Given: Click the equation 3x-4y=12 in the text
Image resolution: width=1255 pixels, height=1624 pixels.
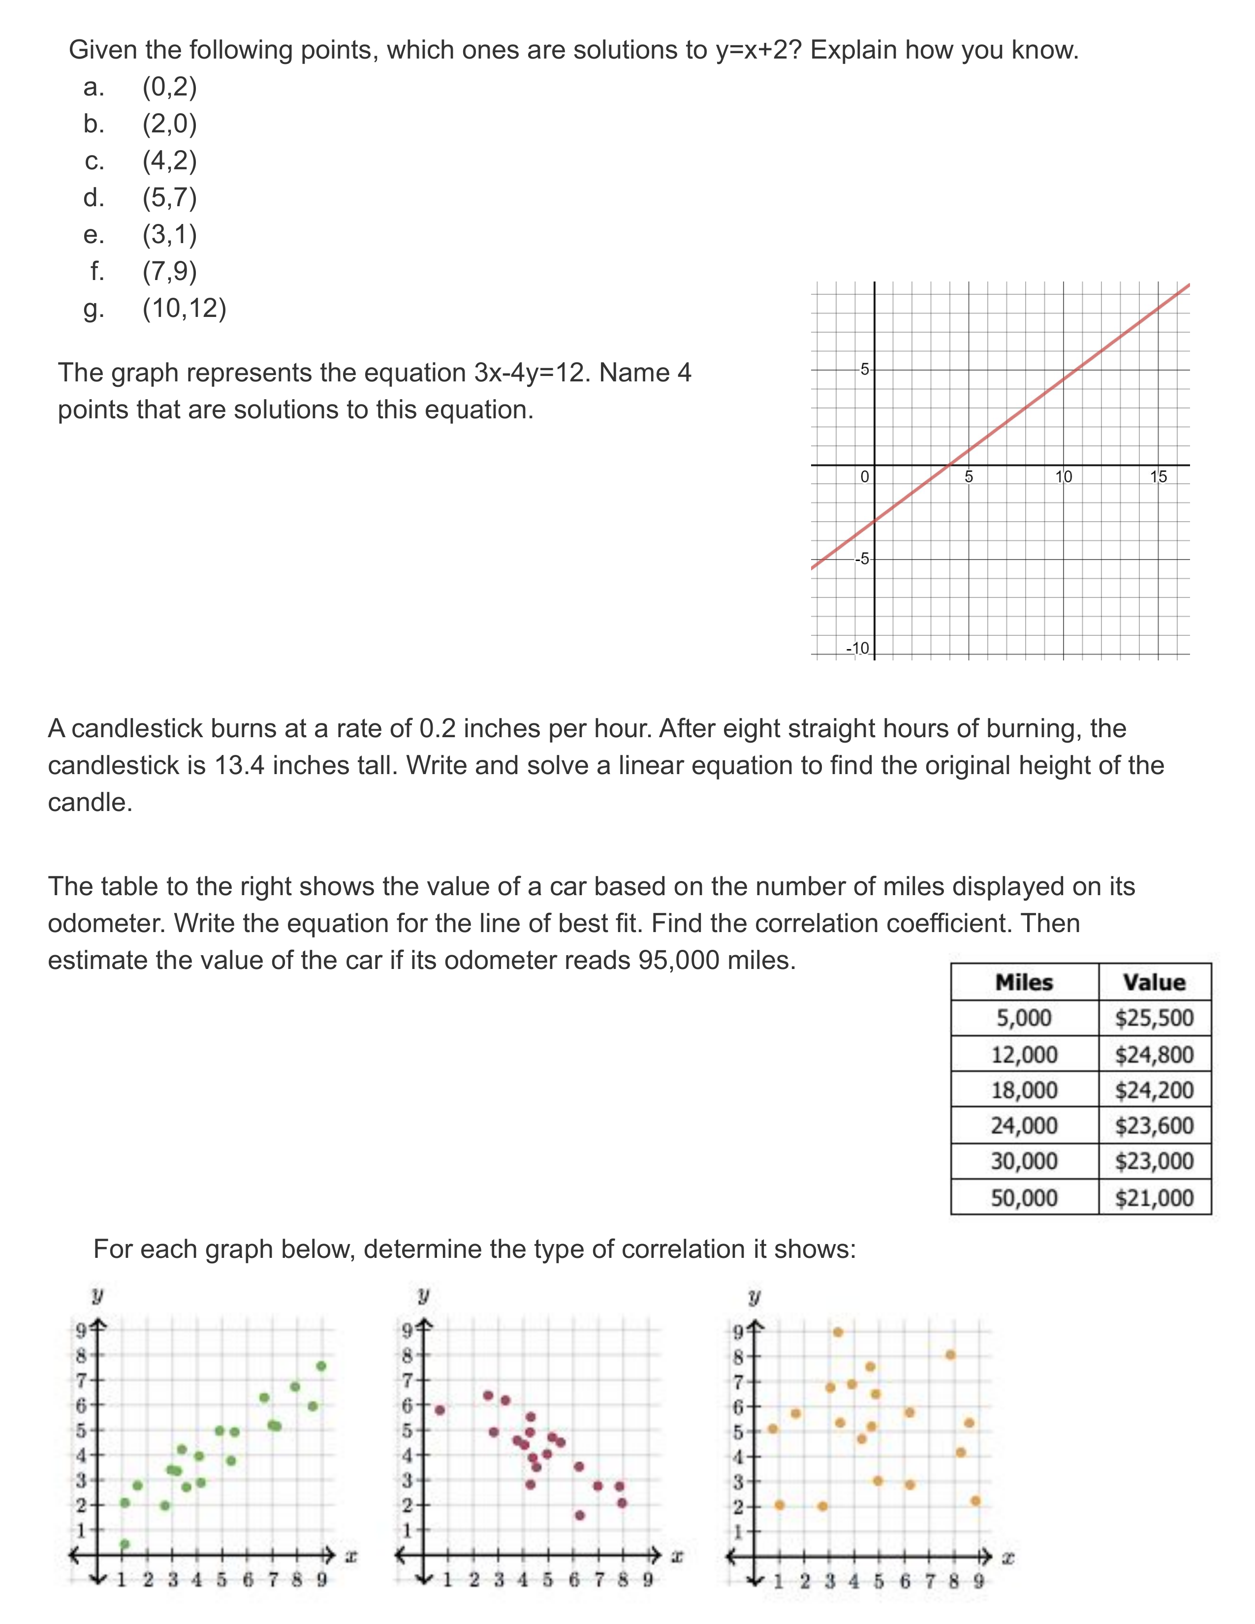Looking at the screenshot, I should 531,373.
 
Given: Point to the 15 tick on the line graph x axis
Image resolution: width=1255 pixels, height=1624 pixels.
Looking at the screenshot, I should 1159,477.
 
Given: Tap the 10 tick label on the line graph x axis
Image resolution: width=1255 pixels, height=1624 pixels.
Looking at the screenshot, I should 1064,477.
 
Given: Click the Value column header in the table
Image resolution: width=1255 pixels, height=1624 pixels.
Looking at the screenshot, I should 1154,982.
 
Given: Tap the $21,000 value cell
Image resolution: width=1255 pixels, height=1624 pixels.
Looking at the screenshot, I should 1154,1197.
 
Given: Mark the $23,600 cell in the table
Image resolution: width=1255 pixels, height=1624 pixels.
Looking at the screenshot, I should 1154,1126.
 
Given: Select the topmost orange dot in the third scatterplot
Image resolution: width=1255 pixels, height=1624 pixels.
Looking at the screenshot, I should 838,1332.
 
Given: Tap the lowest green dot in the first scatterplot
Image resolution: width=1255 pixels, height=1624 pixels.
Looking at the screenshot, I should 125,1544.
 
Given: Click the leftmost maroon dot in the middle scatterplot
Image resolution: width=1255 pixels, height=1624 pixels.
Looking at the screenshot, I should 439,1410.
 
